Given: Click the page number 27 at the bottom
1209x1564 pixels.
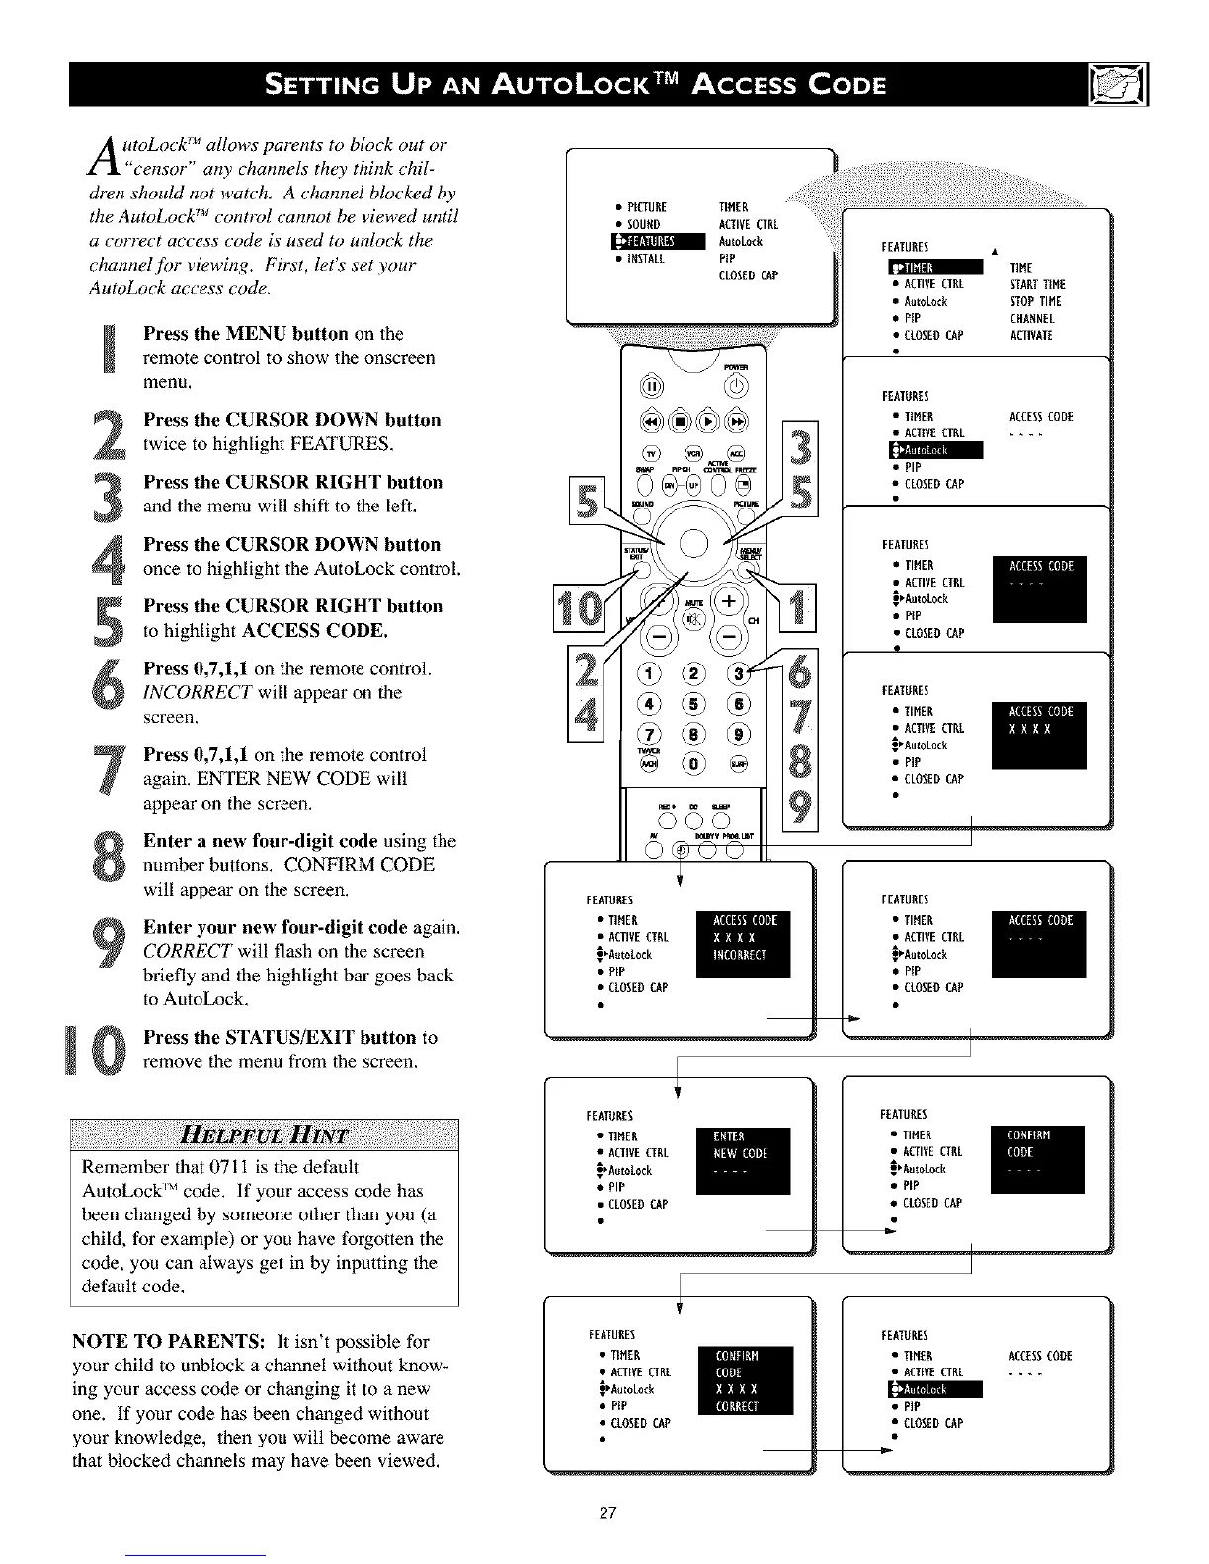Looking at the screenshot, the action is click(x=607, y=1513).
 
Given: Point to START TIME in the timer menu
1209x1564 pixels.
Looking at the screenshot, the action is click(x=1037, y=284).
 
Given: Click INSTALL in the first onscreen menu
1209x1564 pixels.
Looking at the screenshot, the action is click(x=647, y=259).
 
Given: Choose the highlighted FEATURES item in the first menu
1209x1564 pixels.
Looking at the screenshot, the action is click(x=658, y=242).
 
